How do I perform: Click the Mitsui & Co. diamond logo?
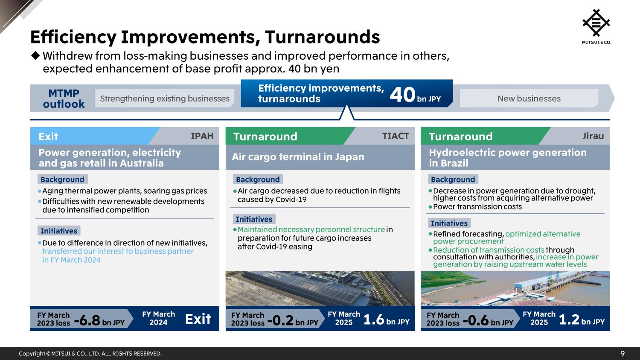596,23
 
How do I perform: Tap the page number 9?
622,354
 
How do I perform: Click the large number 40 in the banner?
402,95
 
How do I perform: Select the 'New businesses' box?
529,98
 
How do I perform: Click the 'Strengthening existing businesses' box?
165,98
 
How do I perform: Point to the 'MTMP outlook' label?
64,99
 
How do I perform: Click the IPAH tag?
202,136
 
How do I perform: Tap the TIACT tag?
396,136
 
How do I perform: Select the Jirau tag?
593,136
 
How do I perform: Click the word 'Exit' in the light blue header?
48,136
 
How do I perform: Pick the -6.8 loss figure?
87,320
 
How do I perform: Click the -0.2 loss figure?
280,320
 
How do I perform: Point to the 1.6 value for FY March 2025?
374,319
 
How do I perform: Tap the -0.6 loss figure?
476,320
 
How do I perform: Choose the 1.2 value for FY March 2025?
569,319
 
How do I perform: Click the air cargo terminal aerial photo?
320,289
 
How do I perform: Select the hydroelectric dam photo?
515,289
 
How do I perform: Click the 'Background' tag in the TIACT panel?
258,180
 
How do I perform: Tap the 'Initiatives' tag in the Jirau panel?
449,223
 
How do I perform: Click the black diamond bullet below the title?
35,55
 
